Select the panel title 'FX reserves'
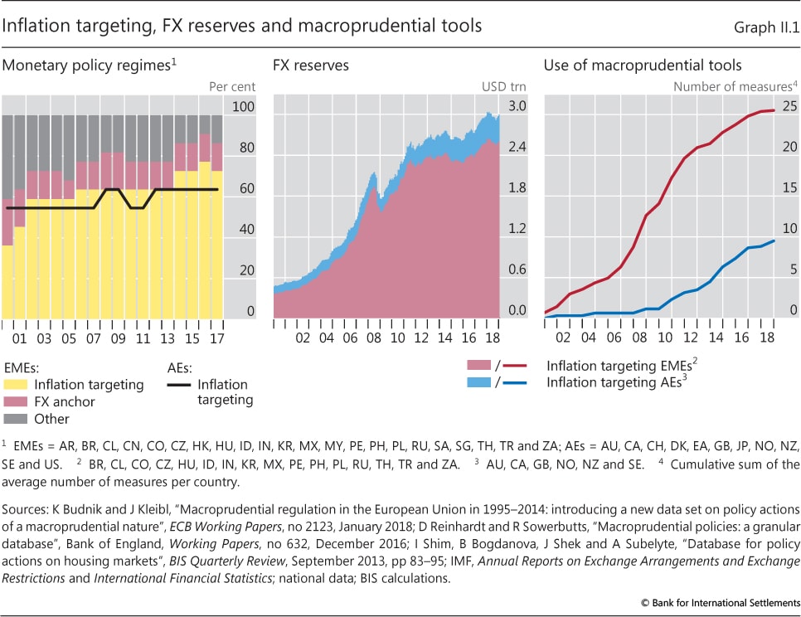pos(311,65)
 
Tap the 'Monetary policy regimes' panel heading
pos(90,65)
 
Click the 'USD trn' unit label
pos(504,86)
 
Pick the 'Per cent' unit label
pos(233,86)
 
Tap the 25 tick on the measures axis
pos(789,107)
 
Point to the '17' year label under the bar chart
pos(217,339)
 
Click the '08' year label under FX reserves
pos(374,339)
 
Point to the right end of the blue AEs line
pos(774,240)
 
